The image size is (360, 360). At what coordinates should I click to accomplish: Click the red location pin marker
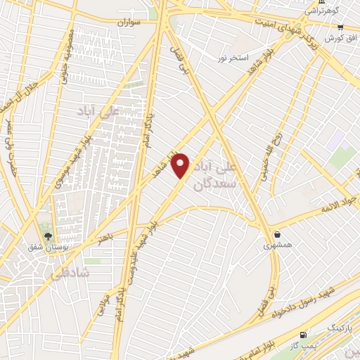(181, 166)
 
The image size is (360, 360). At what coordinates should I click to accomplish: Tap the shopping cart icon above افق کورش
(340, 26)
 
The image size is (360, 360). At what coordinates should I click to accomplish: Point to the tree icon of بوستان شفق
(48, 236)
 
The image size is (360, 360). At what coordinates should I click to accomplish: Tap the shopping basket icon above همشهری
(278, 234)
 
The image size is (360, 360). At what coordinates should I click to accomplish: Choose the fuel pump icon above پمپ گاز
(304, 335)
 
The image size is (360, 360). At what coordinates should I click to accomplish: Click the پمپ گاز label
(304, 345)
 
